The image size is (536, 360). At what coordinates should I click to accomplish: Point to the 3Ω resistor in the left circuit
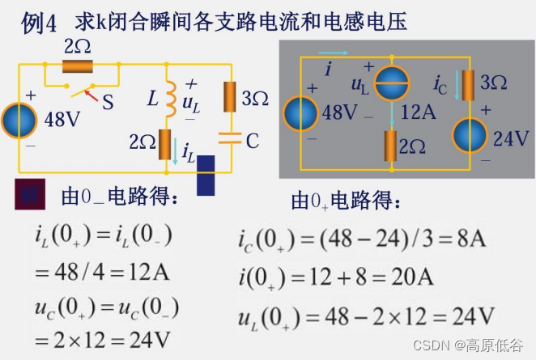tap(230, 98)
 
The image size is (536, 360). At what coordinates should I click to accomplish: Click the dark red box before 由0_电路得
tap(30, 197)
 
